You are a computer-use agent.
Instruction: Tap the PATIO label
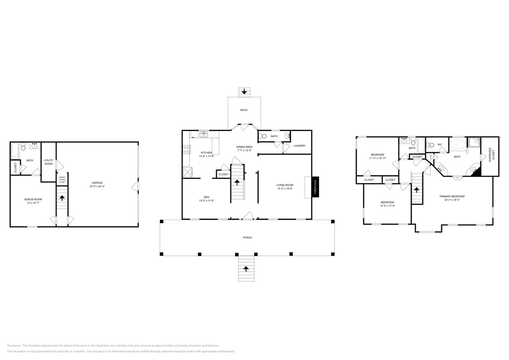[244, 110]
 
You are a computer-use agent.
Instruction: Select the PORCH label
[247, 238]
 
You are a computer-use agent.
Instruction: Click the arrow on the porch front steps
[246, 269]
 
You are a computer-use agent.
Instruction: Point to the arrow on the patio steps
[244, 91]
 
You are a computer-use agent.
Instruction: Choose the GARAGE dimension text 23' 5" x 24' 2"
[97, 186]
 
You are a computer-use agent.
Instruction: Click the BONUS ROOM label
[33, 199]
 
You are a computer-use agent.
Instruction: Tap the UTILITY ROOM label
[49, 162]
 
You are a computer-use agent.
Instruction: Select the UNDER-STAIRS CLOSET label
[62, 179]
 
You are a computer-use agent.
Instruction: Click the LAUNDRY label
[300, 146]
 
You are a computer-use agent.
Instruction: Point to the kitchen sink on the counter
[204, 135]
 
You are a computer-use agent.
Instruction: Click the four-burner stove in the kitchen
[186, 150]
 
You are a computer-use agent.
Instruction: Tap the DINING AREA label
[244, 147]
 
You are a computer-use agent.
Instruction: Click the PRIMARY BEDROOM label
[452, 196]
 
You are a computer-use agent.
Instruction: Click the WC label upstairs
[439, 144]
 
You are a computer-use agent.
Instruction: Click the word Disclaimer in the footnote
[15, 345]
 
